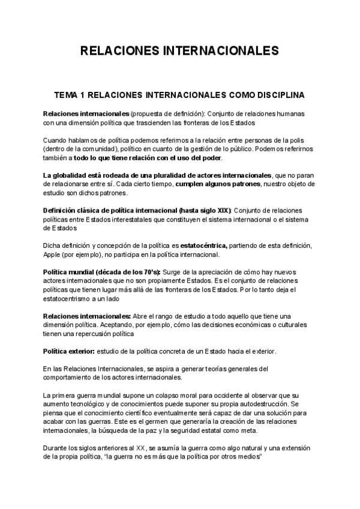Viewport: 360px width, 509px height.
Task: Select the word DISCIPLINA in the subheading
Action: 280,95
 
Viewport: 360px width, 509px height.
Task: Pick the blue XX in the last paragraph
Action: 141,448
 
